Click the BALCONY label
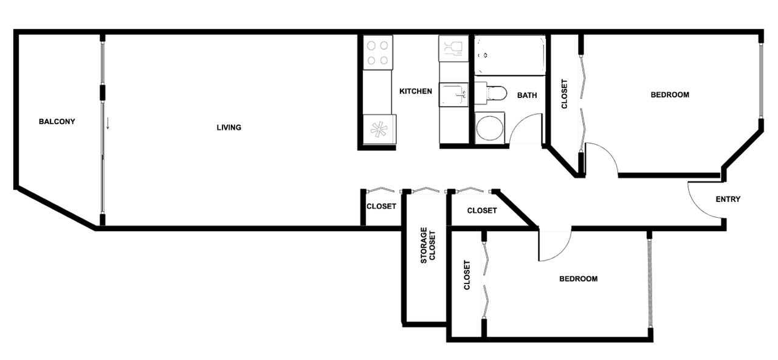pyautogui.click(x=57, y=122)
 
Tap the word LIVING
pyautogui.click(x=229, y=128)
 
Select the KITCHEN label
pyautogui.click(x=416, y=91)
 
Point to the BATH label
pyautogui.click(x=527, y=95)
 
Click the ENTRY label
pyautogui.click(x=728, y=199)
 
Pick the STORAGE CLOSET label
pyautogui.click(x=427, y=245)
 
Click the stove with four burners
pyautogui.click(x=378, y=52)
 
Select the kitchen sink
pyautogui.click(x=453, y=94)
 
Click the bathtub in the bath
pyautogui.click(x=510, y=55)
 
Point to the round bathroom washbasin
pyautogui.click(x=490, y=128)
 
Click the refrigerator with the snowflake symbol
pyautogui.click(x=379, y=130)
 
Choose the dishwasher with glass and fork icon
pyautogui.click(x=453, y=48)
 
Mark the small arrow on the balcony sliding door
pyautogui.click(x=108, y=123)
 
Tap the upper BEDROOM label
pyautogui.click(x=670, y=95)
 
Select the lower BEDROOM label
pyautogui.click(x=578, y=279)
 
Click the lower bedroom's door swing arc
pyautogui.click(x=563, y=251)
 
